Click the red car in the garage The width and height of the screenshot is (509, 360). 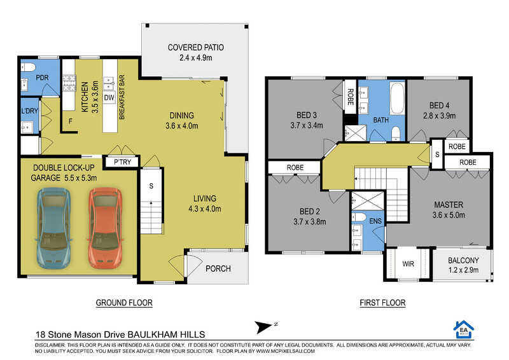click(x=106, y=228)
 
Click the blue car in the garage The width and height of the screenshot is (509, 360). click(x=53, y=228)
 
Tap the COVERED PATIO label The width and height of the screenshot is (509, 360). click(x=196, y=48)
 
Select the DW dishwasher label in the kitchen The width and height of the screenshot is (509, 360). click(x=109, y=97)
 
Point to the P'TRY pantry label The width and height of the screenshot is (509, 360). click(x=122, y=162)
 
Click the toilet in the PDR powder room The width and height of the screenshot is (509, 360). click(x=28, y=67)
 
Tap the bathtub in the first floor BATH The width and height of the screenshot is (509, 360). click(x=397, y=99)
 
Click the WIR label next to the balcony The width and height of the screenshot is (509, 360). click(x=408, y=264)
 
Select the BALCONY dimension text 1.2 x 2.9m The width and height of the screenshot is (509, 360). click(x=463, y=270)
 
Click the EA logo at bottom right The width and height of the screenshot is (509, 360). click(x=464, y=329)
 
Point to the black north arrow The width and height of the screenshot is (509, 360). click(x=263, y=327)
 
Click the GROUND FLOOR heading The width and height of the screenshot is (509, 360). click(x=124, y=303)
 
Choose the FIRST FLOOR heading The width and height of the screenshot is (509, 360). click(x=382, y=303)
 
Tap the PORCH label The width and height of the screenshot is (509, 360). click(x=218, y=269)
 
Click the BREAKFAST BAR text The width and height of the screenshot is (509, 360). click(x=122, y=97)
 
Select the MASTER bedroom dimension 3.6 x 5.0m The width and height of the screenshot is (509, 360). click(x=449, y=215)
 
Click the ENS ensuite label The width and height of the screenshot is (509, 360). click(x=375, y=221)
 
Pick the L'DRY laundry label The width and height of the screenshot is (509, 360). click(x=29, y=111)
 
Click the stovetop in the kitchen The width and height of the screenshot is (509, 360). click(x=69, y=83)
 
